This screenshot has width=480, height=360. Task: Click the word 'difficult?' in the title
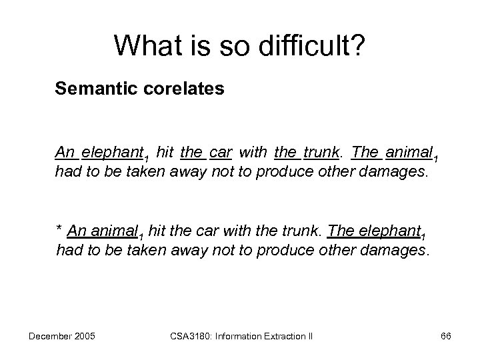coord(311,45)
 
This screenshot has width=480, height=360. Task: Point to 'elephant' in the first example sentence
coord(111,152)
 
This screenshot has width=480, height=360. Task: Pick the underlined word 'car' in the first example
coord(220,152)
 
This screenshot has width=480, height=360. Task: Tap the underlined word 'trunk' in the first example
coord(323,152)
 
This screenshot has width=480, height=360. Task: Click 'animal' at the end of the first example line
coord(408,152)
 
